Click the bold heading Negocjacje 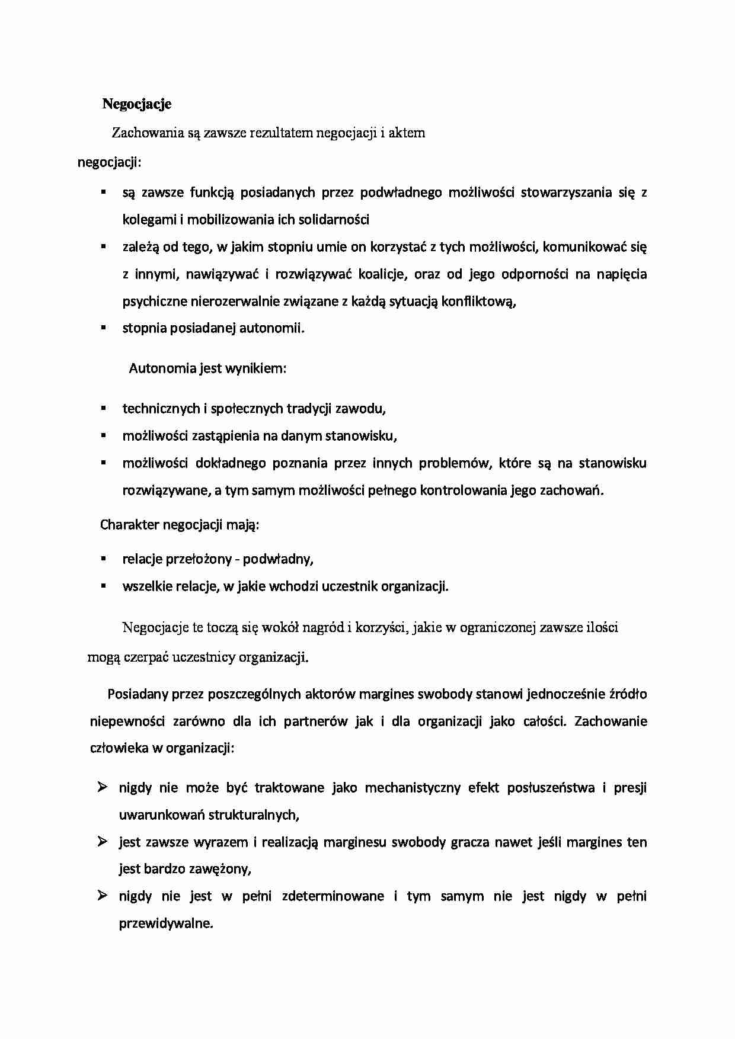[x=137, y=104]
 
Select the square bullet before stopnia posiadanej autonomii [x=103, y=327]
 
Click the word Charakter [x=129, y=525]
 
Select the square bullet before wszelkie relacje [x=103, y=585]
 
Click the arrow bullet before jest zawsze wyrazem [x=102, y=841]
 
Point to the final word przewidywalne [x=165, y=923]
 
